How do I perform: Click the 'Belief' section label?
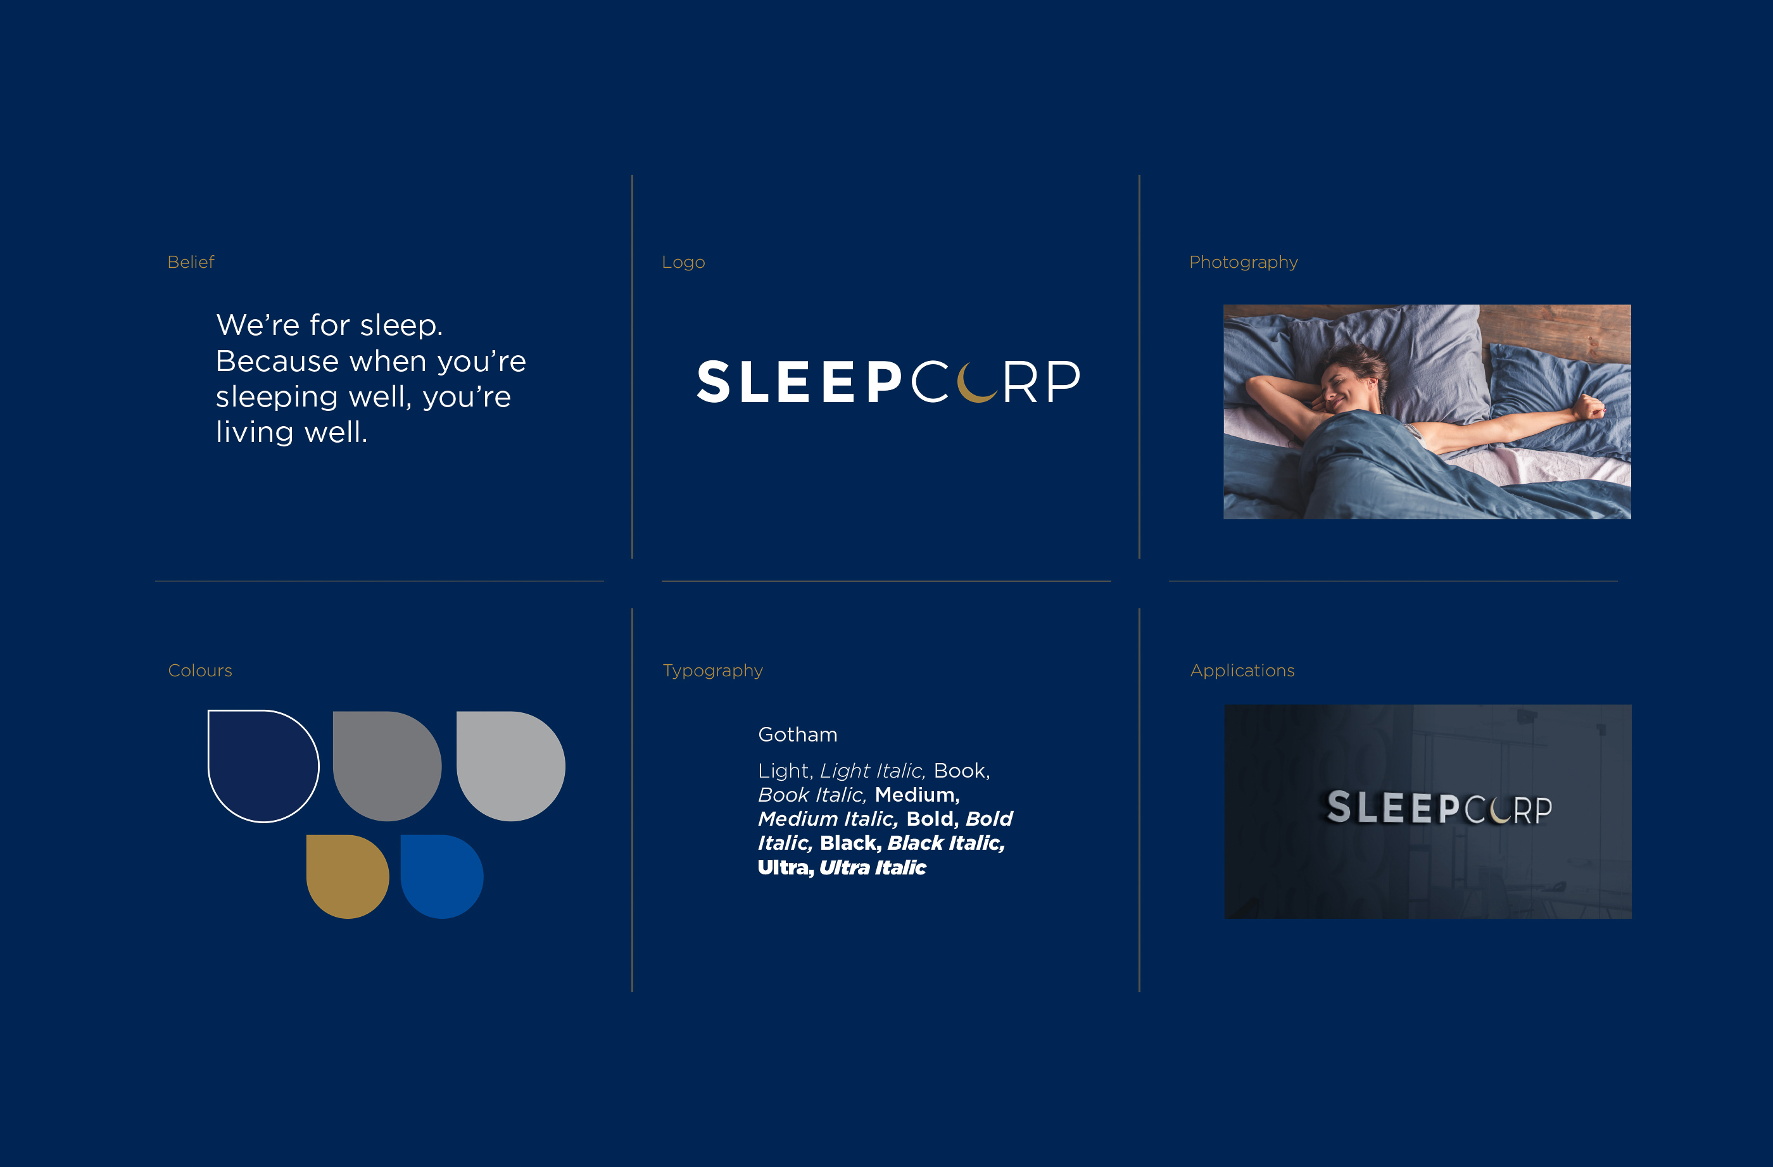191,262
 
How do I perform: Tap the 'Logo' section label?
683,263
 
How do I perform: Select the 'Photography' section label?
1244,263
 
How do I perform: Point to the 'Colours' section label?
200,671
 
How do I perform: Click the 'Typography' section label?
713,671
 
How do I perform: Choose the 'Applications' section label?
1242,671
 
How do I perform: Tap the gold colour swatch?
347,876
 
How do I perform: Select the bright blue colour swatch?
442,876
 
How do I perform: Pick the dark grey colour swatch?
387,766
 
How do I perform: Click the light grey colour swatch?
510,766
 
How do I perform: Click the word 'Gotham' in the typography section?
798,735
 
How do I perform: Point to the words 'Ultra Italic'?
873,867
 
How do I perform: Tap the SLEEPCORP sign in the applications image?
1439,808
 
